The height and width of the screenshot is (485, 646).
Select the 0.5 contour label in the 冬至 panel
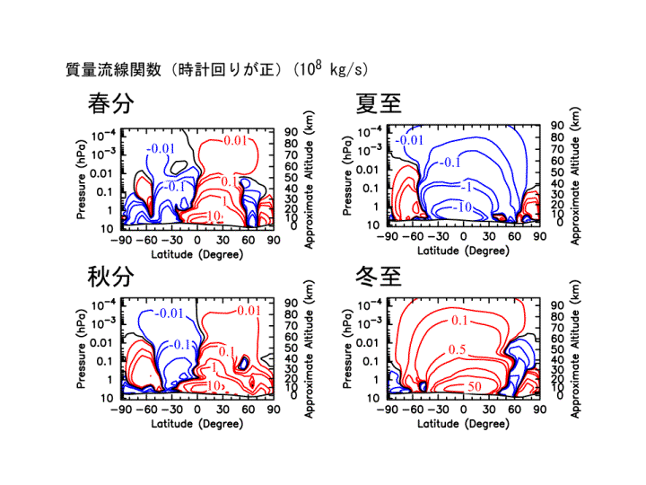(458, 349)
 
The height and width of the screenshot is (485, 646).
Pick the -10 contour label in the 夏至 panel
(463, 207)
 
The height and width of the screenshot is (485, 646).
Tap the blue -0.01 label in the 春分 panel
(161, 148)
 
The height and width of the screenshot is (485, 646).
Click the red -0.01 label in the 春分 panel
(234, 141)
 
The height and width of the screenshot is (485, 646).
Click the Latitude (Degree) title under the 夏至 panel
(462, 250)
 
